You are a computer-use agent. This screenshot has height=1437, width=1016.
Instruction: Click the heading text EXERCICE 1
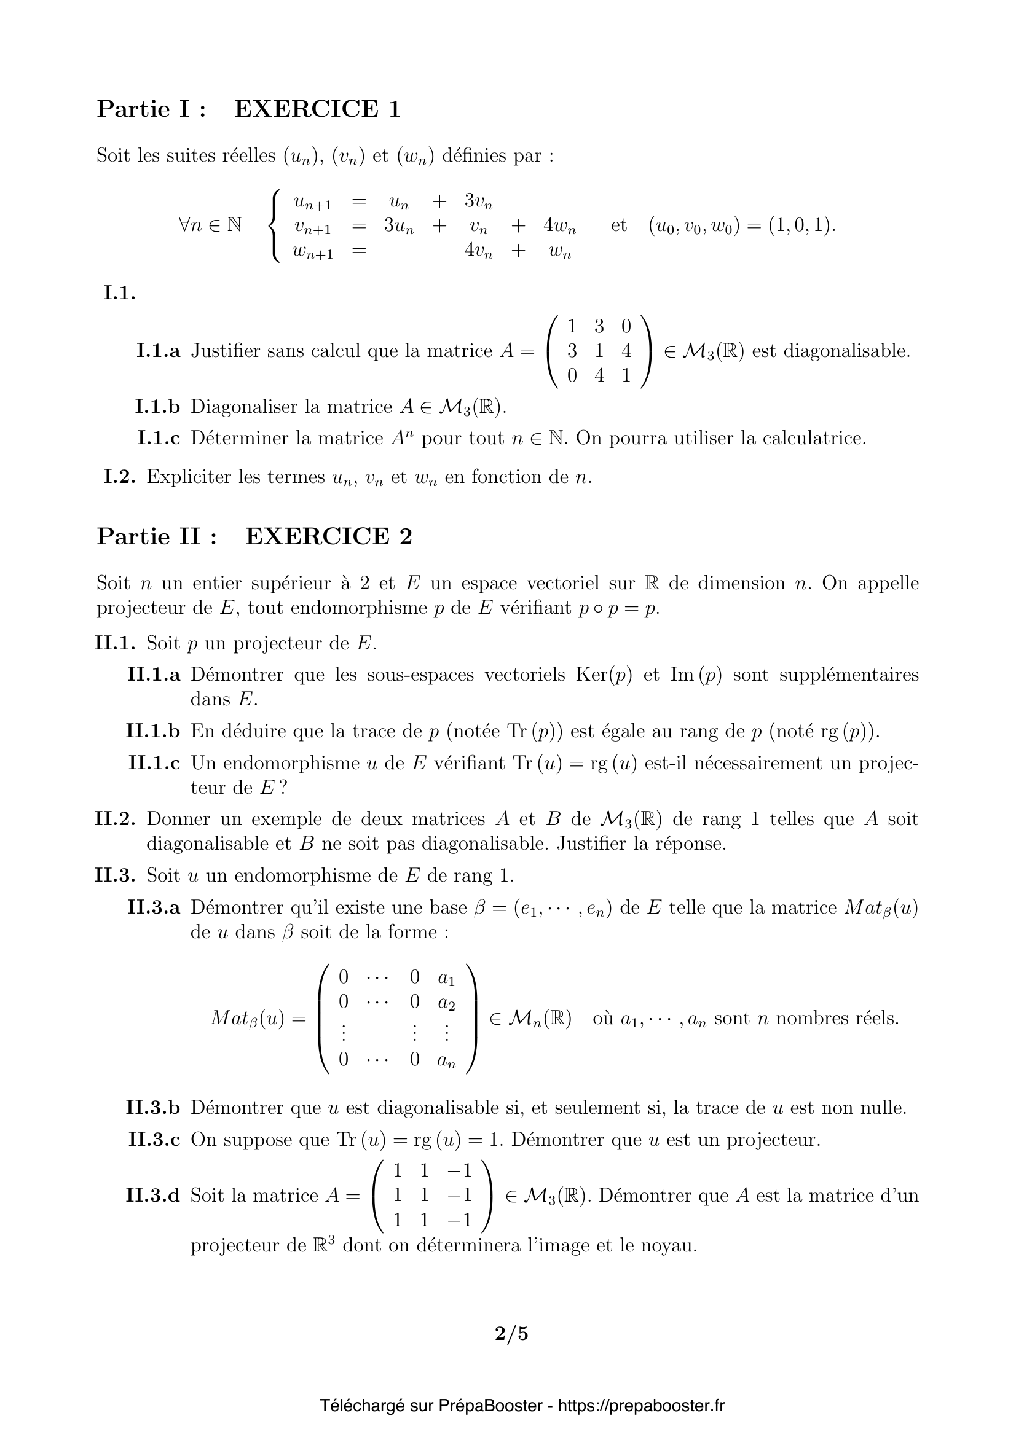(317, 109)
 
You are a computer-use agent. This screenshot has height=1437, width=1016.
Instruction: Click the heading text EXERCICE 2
(329, 536)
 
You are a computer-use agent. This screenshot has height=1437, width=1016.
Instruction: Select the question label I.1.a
(159, 351)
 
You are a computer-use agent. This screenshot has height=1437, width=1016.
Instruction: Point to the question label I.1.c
(159, 438)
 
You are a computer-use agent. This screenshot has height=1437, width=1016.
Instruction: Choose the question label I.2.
(120, 477)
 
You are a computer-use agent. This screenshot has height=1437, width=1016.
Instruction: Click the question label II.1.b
(154, 731)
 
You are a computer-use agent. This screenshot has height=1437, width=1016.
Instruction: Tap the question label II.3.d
(154, 1196)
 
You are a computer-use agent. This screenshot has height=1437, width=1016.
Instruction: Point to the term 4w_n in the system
(560, 226)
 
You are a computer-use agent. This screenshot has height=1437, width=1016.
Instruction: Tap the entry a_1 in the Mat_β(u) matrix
(446, 978)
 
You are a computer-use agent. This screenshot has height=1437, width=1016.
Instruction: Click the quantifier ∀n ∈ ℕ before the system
(210, 226)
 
